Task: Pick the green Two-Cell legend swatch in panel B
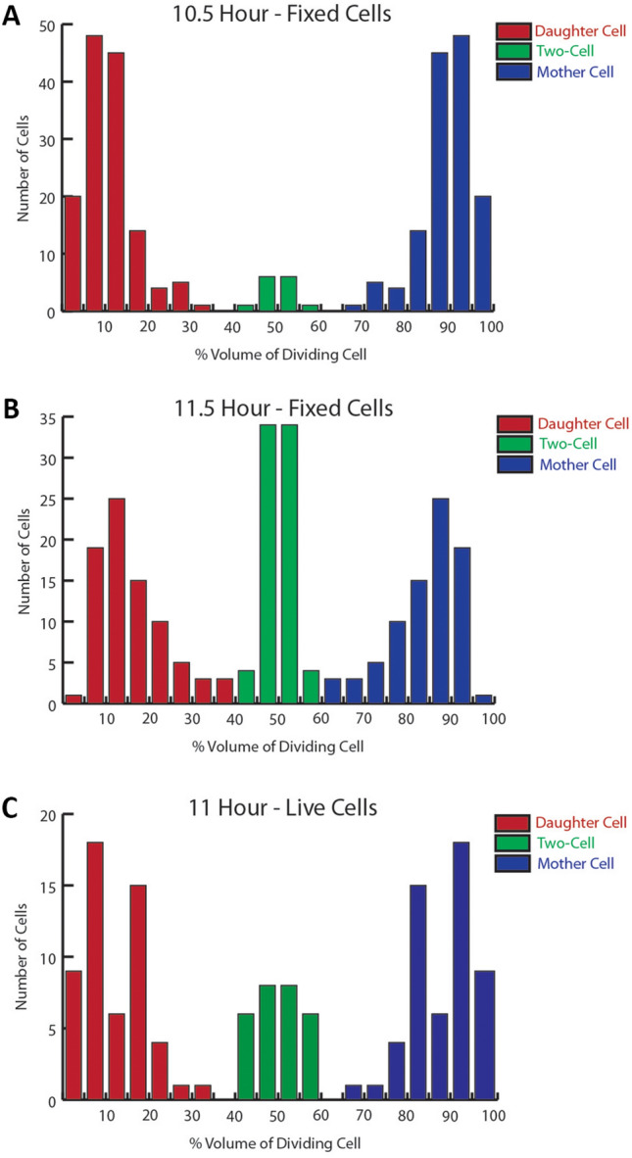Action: (515, 444)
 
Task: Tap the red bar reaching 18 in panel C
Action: (94, 971)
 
